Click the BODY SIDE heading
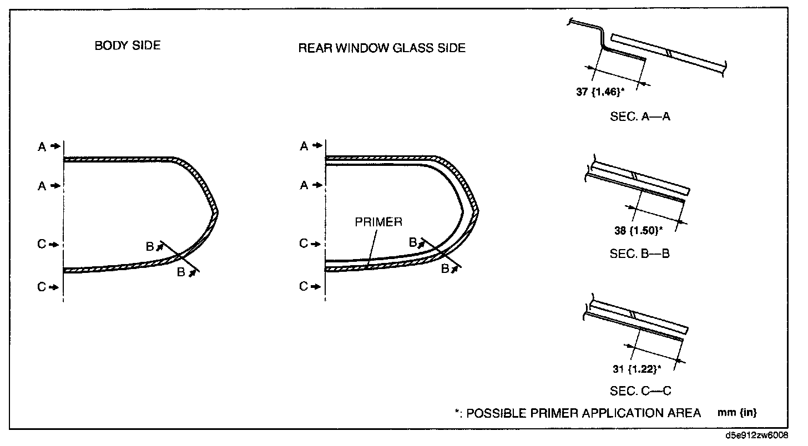click(x=127, y=45)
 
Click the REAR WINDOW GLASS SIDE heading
click(x=382, y=48)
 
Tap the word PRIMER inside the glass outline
click(x=378, y=222)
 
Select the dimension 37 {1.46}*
click(x=600, y=92)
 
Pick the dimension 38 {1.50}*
click(x=638, y=230)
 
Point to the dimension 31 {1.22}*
click(x=637, y=369)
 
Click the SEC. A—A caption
click(x=640, y=116)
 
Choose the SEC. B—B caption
click(x=639, y=254)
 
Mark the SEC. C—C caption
click(x=640, y=391)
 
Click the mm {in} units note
click(x=737, y=413)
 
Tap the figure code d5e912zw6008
click(x=757, y=435)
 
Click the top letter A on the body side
click(x=42, y=147)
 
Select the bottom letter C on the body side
click(x=42, y=287)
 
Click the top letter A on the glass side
click(x=304, y=146)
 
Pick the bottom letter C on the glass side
click(x=304, y=286)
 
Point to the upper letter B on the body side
click(x=150, y=246)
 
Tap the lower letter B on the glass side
click(x=445, y=268)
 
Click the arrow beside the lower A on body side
click(x=55, y=186)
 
